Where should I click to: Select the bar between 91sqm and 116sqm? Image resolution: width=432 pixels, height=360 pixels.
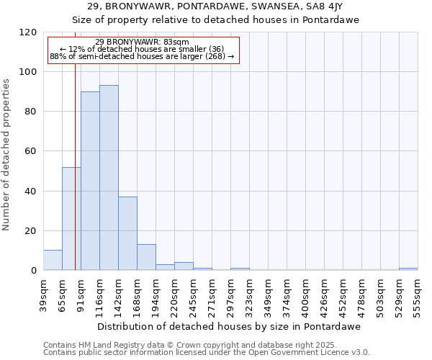90,181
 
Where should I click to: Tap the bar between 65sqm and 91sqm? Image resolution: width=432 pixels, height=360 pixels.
71,219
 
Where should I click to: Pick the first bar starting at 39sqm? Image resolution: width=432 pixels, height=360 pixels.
53,261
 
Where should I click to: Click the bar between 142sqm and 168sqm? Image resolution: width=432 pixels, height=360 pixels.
127,233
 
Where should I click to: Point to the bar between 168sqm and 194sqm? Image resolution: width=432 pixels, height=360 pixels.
146,257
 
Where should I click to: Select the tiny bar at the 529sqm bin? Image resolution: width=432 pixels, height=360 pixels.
408,269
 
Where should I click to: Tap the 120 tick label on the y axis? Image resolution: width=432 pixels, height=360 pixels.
29,32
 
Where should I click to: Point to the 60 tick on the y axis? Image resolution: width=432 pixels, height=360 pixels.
32,151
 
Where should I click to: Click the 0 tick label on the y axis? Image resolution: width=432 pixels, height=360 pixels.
34,271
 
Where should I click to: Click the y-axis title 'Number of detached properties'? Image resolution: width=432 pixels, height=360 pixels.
6,155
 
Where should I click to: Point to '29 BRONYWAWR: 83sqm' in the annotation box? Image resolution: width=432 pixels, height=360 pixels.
142,42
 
